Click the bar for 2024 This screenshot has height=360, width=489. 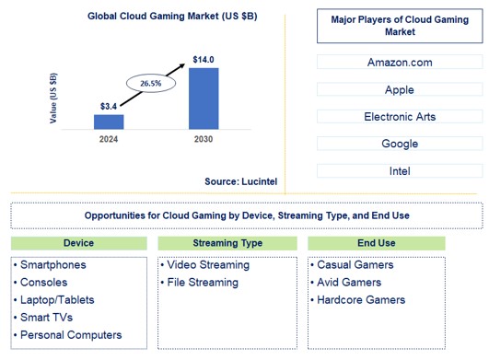coord(109,121)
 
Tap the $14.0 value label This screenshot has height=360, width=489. coord(204,60)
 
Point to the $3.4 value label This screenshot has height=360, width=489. coord(109,107)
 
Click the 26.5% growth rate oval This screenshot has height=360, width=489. coord(151,84)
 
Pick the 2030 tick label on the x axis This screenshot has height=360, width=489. coord(204,139)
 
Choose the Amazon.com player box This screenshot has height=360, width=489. coord(399,63)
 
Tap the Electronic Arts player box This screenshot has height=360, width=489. coord(399,117)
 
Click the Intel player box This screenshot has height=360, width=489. coord(399,170)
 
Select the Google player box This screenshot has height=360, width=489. coord(399,144)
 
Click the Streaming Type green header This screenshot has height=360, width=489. coord(227,244)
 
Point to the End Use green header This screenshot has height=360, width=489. coord(376,244)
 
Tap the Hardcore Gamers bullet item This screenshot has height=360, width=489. coord(360,300)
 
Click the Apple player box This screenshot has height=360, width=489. coord(399,90)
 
